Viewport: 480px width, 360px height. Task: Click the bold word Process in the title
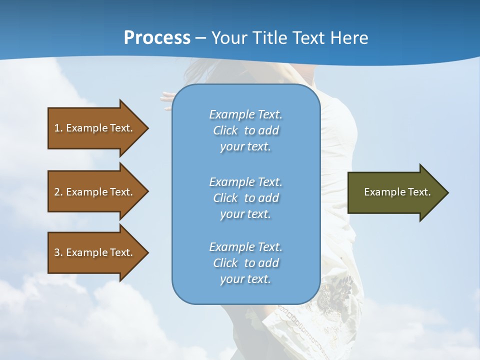point(157,38)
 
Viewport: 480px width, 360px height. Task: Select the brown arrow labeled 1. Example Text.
point(95,128)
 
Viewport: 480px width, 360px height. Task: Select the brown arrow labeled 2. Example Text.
point(95,192)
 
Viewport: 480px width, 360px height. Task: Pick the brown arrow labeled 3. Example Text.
point(95,252)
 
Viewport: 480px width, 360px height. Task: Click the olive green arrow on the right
point(395,192)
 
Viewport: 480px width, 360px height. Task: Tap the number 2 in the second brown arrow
point(57,192)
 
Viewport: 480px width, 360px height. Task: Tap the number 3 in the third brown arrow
point(57,252)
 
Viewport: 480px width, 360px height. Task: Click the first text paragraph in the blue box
point(245,130)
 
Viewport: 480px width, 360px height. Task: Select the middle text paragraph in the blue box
point(245,198)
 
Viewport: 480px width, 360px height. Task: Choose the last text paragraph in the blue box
point(245,263)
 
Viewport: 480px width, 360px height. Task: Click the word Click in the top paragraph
point(225,130)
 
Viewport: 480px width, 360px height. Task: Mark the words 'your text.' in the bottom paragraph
point(245,279)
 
